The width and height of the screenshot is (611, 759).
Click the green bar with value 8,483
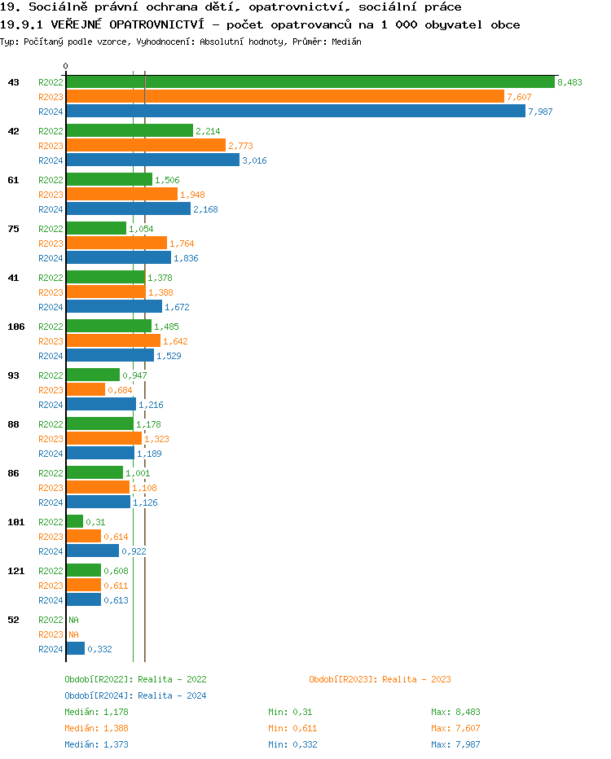pos(310,82)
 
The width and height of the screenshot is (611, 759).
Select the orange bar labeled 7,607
pos(285,97)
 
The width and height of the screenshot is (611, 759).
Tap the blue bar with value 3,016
pos(153,160)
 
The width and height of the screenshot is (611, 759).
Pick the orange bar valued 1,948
pos(121,195)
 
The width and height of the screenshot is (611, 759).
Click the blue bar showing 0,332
pos(75,649)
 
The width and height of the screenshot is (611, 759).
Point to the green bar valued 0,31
pos(74,522)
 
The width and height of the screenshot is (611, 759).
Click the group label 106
pos(15,327)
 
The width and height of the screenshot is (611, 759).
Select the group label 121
pos(15,571)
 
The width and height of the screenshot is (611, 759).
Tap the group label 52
pos(13,620)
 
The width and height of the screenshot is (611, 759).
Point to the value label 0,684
pos(120,390)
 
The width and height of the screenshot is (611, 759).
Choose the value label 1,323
pos(156,439)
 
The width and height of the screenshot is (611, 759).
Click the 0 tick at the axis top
pos(66,67)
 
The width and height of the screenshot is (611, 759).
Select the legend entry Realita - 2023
pos(380,679)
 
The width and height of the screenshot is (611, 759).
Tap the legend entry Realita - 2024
pos(135,695)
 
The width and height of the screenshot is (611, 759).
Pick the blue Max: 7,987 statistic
pos(455,744)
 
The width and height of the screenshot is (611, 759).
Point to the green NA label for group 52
pos(73,620)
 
